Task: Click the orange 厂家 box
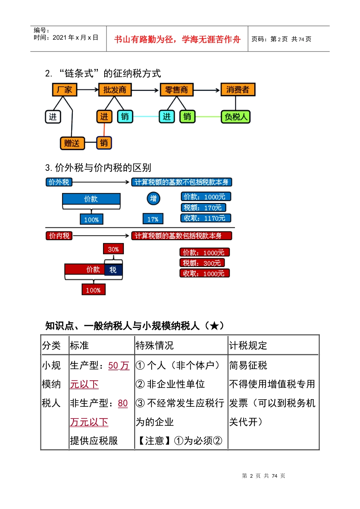(64, 90)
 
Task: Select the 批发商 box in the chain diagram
(114, 90)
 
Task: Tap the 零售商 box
(177, 90)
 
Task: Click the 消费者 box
(238, 89)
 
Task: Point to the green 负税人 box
(236, 117)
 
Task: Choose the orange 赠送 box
(72, 143)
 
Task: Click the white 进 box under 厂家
(53, 117)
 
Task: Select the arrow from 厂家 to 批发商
(88, 90)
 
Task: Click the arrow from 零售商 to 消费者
(207, 90)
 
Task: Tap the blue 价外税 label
(59, 182)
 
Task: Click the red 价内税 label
(59, 236)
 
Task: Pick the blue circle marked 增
(153, 198)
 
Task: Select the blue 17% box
(153, 219)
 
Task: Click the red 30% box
(113, 249)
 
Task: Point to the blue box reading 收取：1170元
(205, 218)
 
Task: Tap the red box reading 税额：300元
(202, 263)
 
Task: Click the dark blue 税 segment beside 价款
(113, 270)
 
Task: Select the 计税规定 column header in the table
(248, 345)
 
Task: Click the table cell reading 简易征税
(248, 365)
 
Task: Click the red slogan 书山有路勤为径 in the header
(177, 39)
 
